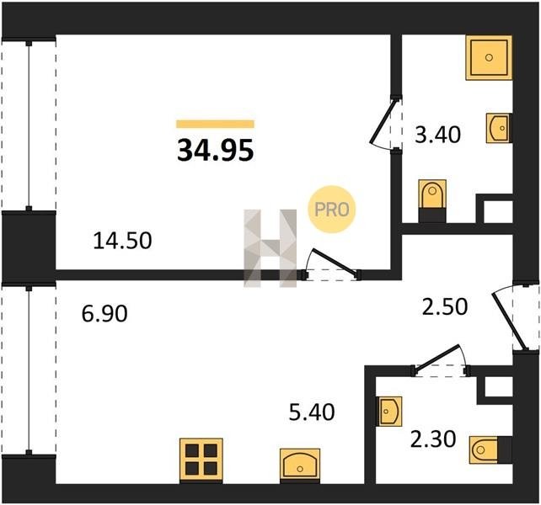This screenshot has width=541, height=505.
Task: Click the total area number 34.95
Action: pos(215,151)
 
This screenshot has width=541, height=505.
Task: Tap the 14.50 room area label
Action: pos(122,241)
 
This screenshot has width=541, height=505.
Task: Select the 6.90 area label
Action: pos(104,314)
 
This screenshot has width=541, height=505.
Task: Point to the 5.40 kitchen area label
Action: pos(312,412)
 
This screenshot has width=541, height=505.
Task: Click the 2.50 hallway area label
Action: pos(445,306)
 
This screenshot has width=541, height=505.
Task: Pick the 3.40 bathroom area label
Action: pos(437,135)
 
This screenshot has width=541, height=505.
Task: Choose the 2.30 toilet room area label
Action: pos(433,439)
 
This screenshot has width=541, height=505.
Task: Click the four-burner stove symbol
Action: pos(201,460)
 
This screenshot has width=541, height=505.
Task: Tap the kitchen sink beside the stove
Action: pos(300,464)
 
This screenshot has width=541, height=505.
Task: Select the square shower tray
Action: pos(489,57)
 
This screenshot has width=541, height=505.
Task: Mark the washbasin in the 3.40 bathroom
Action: pos(499,128)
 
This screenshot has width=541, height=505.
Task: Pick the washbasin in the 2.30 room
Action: pos(390,411)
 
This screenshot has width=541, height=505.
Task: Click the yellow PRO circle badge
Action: pos(331,210)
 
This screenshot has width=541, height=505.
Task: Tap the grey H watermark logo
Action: pos(270,248)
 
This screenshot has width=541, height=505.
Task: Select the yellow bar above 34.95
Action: pos(215,124)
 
